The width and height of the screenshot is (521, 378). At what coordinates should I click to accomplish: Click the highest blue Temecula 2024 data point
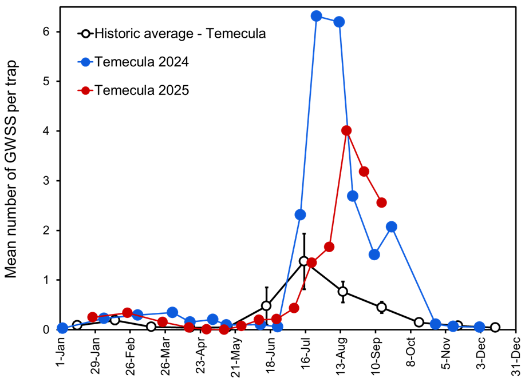pos(316,16)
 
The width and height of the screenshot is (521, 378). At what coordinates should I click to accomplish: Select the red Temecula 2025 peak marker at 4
pos(346,131)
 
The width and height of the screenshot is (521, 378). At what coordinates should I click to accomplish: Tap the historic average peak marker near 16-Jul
pos(304,261)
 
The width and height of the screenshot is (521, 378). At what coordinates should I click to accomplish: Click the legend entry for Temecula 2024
pos(141,61)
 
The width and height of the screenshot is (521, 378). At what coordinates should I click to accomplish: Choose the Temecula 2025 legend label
pos(141,90)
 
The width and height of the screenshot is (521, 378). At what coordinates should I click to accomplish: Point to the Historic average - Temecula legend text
pos(180,33)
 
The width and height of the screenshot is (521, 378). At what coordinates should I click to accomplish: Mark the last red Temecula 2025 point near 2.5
pos(381,202)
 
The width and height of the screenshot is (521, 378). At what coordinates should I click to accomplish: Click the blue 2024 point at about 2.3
pos(300,214)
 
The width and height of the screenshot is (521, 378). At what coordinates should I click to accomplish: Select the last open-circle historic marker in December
pos(495,328)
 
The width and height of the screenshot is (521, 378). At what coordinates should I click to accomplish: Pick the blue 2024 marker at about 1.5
pos(374,254)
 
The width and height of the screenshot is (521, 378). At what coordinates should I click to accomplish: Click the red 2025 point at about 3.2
pos(364,172)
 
